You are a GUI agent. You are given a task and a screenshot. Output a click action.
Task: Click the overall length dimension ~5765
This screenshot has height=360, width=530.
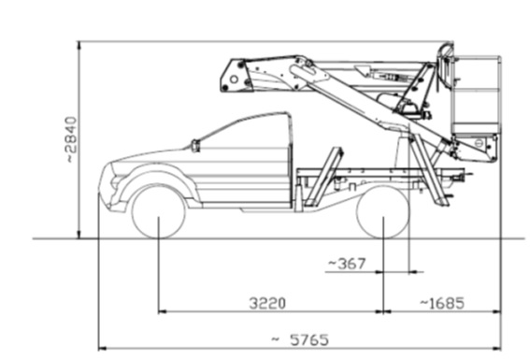[x=300, y=339]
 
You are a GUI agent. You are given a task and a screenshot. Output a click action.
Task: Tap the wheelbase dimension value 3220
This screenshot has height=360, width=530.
[x=267, y=303]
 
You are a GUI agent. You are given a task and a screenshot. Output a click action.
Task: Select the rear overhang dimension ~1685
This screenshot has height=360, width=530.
[x=442, y=303]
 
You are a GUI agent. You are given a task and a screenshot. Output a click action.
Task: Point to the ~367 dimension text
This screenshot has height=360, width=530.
[x=347, y=264]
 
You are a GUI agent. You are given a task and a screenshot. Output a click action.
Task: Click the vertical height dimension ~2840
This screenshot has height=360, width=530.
[x=71, y=139]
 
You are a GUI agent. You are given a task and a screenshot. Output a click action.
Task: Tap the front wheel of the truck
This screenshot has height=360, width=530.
[x=158, y=212]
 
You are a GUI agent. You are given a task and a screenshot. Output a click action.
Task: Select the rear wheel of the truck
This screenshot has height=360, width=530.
[x=383, y=212]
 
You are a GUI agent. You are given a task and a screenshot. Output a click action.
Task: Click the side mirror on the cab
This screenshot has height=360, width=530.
[x=195, y=146]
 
